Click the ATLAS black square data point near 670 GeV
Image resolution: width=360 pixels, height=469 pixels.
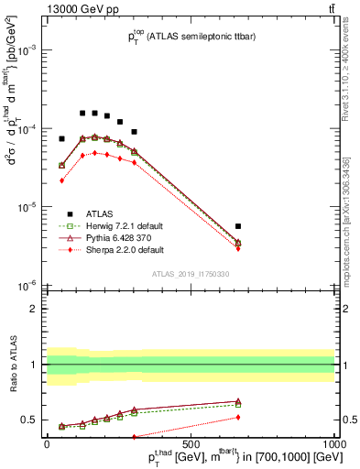point(238,225)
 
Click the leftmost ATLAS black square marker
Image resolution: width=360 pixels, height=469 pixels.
point(61,138)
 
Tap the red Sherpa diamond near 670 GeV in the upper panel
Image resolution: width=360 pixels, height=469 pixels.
point(238,248)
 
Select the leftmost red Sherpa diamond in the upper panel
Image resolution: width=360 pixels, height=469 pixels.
point(61,180)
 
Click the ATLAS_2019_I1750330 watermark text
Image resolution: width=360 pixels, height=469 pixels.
point(191,274)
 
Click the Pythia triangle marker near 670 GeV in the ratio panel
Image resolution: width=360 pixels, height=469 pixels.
point(238,401)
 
